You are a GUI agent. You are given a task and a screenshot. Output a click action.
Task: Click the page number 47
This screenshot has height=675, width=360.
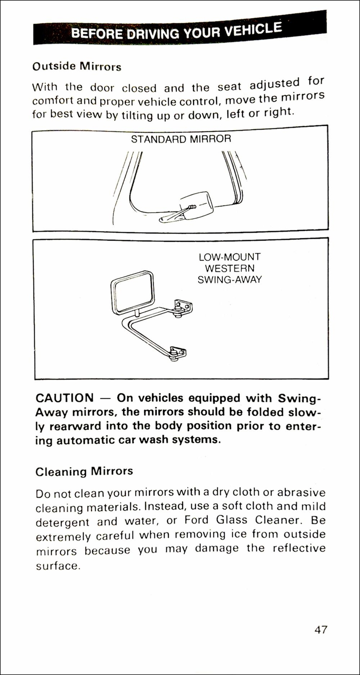click(320, 629)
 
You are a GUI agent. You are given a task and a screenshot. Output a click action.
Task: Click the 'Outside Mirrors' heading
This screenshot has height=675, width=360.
click(77, 67)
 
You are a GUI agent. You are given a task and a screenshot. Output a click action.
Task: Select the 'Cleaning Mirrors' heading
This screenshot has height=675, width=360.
click(84, 471)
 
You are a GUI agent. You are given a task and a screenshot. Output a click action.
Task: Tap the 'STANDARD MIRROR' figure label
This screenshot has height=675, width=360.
click(181, 139)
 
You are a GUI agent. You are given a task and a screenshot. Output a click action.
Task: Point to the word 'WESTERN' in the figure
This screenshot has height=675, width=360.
click(230, 268)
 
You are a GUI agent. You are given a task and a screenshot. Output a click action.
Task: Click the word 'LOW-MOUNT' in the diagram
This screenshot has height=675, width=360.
click(230, 257)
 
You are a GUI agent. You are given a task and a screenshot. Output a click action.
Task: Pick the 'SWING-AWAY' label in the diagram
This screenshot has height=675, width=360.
click(230, 279)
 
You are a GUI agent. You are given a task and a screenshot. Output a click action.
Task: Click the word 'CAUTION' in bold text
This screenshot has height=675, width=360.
click(65, 398)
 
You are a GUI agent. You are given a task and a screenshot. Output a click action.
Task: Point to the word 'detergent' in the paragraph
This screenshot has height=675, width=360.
click(62, 522)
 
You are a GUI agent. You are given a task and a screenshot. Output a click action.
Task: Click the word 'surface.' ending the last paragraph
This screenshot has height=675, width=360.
click(58, 566)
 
